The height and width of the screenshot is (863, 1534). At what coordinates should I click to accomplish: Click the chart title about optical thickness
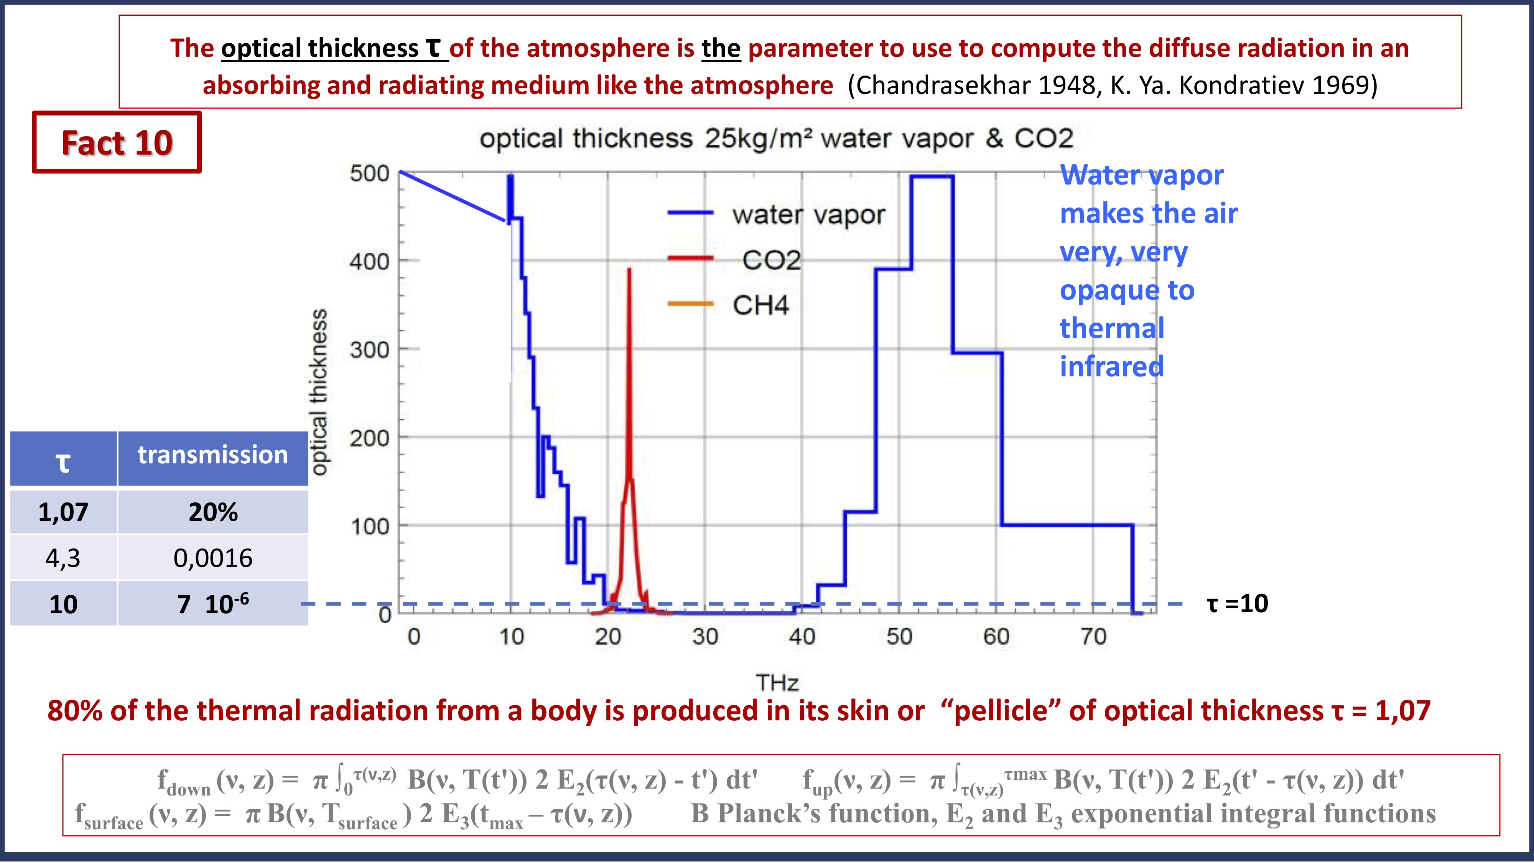point(776,139)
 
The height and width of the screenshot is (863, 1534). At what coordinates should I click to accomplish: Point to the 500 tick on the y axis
point(369,174)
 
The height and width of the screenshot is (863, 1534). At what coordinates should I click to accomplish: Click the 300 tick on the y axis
point(369,349)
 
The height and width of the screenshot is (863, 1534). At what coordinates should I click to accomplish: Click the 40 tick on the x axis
point(802,637)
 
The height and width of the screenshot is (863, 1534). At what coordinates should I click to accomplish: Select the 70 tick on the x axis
point(1093,637)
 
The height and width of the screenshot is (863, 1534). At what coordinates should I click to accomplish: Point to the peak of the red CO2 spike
point(629,270)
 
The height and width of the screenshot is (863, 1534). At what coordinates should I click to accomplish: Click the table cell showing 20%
point(212,512)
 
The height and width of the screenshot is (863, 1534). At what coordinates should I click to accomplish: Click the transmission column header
point(212,455)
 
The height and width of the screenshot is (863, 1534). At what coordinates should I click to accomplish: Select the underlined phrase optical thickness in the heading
point(320,48)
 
